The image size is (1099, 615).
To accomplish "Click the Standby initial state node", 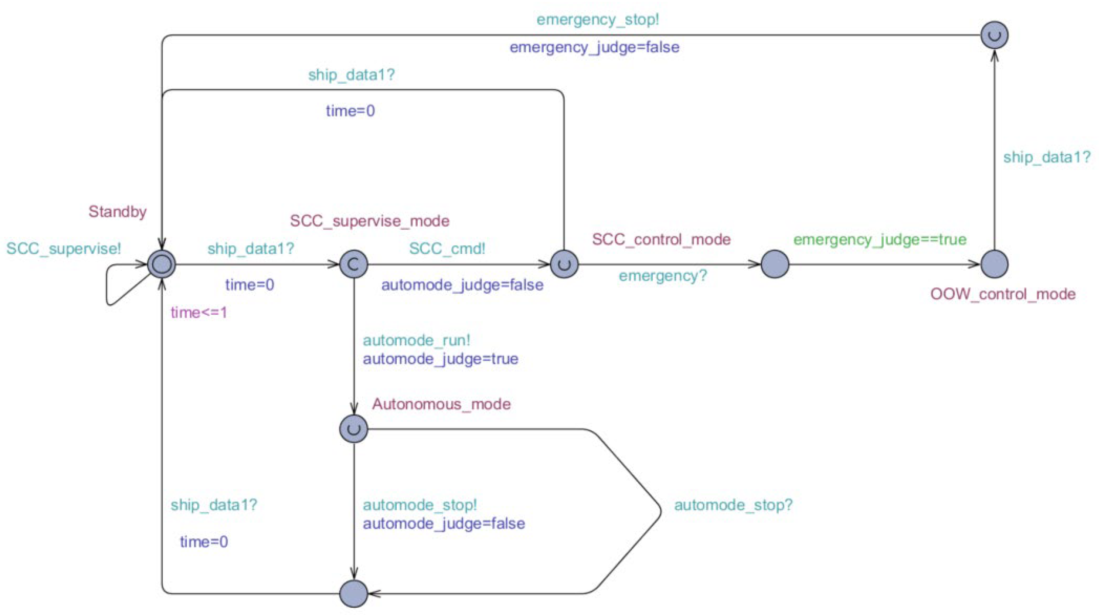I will (x=161, y=264).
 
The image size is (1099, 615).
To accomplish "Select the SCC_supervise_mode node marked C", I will (x=354, y=264).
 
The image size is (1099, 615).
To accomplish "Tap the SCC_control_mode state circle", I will (x=564, y=264).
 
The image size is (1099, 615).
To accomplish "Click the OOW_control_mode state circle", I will (x=994, y=264).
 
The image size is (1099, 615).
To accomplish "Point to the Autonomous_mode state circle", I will (x=354, y=428).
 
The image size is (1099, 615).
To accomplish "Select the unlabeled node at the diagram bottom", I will (x=354, y=593).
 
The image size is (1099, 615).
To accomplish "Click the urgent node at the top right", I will (x=994, y=35).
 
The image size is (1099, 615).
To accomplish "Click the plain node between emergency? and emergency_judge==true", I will (x=774, y=264).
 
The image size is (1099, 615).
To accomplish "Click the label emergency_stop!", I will (x=597, y=20).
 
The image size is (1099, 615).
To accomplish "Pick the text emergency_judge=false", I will (x=594, y=47).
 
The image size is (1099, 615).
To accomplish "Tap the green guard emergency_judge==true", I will (x=879, y=239).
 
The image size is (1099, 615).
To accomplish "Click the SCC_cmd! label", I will (x=447, y=248).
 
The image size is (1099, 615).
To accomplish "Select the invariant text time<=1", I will (x=199, y=313).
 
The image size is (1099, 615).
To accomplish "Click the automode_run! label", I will (x=416, y=340).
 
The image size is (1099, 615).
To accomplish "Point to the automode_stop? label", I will (x=733, y=505).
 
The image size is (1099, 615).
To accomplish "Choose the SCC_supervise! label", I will (x=64, y=248).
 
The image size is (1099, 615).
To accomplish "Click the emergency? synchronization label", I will (x=663, y=276).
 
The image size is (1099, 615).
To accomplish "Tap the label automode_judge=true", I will (x=440, y=359).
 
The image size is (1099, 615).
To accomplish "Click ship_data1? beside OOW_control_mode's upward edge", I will (x=1046, y=157).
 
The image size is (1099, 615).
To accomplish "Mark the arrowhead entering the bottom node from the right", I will (x=374, y=594).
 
